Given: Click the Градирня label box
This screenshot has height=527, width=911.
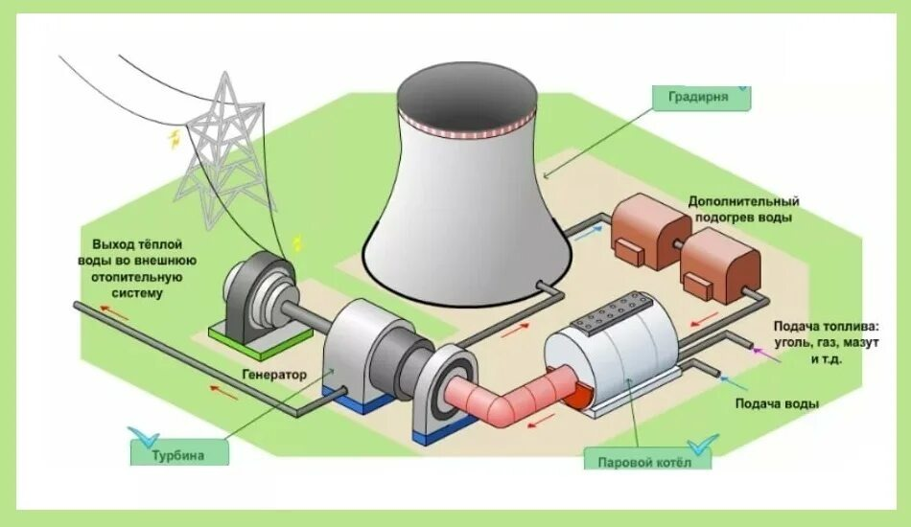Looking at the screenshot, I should [x=701, y=97].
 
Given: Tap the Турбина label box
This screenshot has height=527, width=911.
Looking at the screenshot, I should [x=179, y=453].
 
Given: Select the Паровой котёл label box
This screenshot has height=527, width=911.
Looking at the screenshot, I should [x=647, y=461].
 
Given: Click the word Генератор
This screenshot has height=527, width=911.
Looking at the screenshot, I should [x=275, y=375].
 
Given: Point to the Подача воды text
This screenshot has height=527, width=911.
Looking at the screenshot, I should [x=777, y=403].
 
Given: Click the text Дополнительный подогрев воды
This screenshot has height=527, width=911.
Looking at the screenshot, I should [x=743, y=210].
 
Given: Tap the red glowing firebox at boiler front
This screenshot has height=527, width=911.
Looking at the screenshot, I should [x=577, y=390].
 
